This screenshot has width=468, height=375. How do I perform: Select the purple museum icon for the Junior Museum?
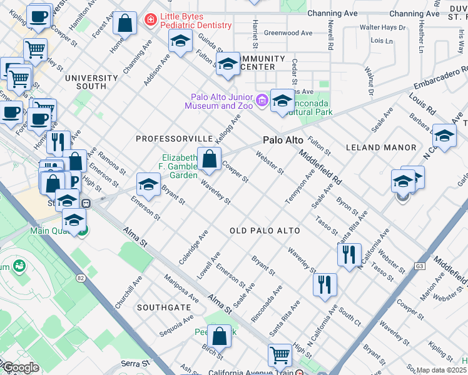pos(262,99)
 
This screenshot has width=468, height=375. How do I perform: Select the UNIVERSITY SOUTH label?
pos(91,78)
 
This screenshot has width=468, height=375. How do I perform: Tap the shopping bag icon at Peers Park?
pos(220,337)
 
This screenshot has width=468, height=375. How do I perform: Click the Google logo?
pos(21,367)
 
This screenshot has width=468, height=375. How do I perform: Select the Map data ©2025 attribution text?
pos(441,370)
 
